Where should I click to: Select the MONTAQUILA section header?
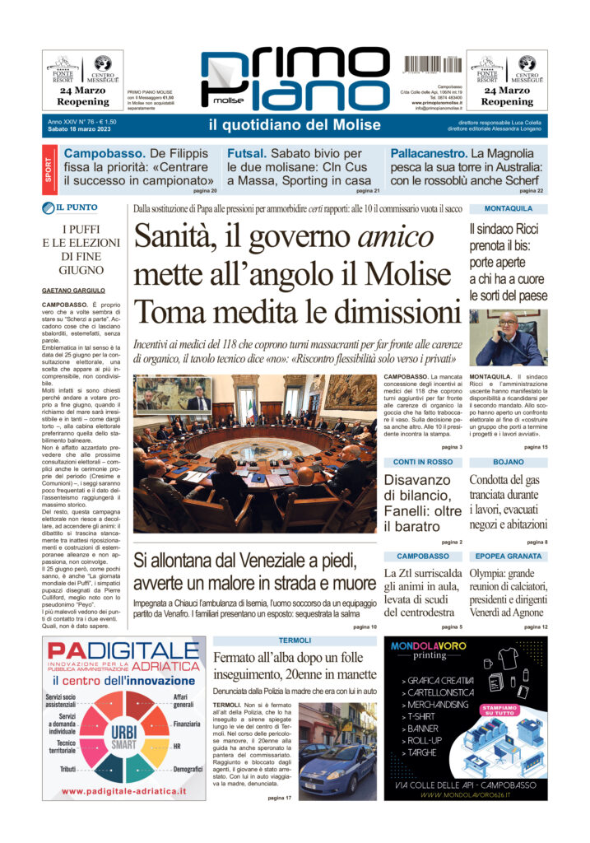[508, 209]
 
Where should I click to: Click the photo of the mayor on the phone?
[508, 338]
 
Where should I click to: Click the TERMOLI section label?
[294, 640]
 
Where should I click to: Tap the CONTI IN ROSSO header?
[422, 462]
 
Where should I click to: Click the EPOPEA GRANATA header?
[508, 557]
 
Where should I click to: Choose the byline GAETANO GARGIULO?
[78, 291]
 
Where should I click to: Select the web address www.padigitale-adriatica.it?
[124, 791]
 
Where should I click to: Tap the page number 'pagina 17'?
[279, 798]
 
